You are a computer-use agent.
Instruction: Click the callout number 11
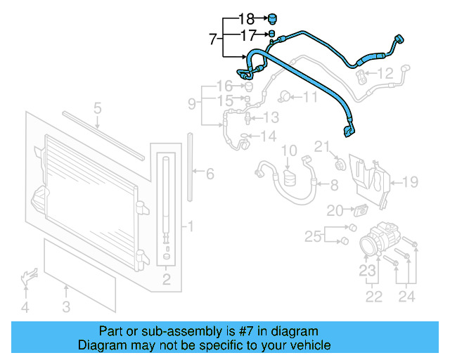click(310, 96)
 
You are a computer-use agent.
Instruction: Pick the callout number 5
click(98, 108)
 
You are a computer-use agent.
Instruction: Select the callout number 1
click(188, 226)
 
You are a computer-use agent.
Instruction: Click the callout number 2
click(167, 281)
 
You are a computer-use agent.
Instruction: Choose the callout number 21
click(321, 146)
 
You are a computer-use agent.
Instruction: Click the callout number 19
click(410, 182)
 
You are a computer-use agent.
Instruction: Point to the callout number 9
click(192, 105)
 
